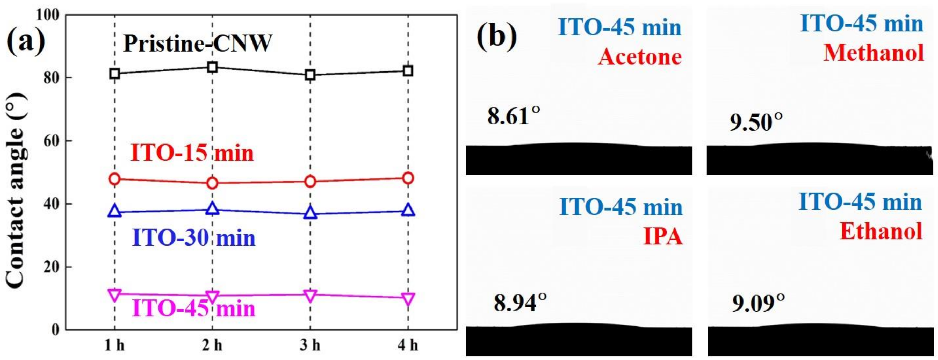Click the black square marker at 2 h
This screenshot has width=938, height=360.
tap(212, 67)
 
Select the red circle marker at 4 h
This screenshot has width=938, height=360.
tap(408, 178)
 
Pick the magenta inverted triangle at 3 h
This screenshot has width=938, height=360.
tap(310, 295)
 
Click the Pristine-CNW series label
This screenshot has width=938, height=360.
tap(197, 44)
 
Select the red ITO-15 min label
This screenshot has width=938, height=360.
tap(192, 153)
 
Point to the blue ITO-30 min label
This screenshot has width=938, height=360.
tap(194, 238)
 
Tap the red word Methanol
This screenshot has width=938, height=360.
tap(874, 53)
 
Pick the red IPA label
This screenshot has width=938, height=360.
tap(662, 237)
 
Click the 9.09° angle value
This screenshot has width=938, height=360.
tap(758, 303)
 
